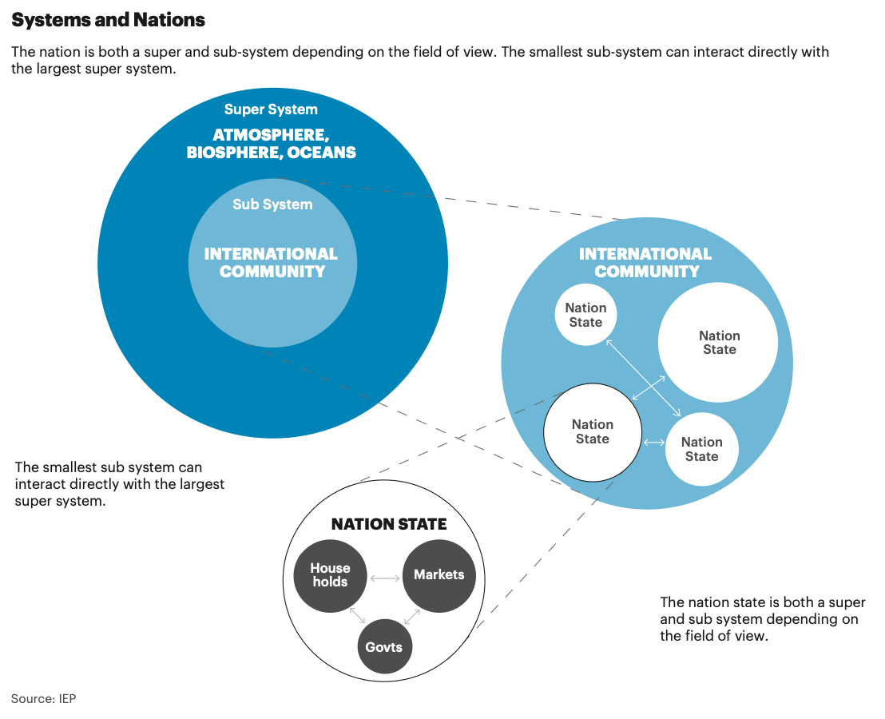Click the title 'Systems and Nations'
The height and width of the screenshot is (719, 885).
pyautogui.click(x=108, y=20)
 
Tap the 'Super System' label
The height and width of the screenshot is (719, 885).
pyautogui.click(x=271, y=109)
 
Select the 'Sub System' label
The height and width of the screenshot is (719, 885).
pyautogui.click(x=272, y=205)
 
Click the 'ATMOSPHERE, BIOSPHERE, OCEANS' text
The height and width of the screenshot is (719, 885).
pyautogui.click(x=272, y=143)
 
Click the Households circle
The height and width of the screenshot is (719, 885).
pyautogui.click(x=330, y=576)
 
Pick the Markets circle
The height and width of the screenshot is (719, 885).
pyautogui.click(x=439, y=576)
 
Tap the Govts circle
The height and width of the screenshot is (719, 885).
pyautogui.click(x=384, y=647)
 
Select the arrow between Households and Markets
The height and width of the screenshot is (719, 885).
pyautogui.click(x=385, y=578)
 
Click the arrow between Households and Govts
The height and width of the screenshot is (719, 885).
pyautogui.click(x=357, y=615)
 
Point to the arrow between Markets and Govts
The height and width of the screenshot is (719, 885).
pyautogui.click(x=412, y=617)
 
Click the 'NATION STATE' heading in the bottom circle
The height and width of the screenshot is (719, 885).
pyautogui.click(x=389, y=524)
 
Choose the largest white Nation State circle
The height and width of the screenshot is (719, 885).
pyautogui.click(x=718, y=343)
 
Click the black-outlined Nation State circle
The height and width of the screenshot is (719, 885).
pyautogui.click(x=593, y=432)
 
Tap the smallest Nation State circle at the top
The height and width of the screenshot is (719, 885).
pyautogui.click(x=585, y=315)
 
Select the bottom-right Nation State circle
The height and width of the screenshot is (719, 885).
pyautogui.click(x=701, y=449)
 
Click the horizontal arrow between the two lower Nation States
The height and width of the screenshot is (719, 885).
pyautogui.click(x=653, y=443)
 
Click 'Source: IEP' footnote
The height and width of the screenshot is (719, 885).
pyautogui.click(x=43, y=699)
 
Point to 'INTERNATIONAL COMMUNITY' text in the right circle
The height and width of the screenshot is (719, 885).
pyautogui.click(x=645, y=262)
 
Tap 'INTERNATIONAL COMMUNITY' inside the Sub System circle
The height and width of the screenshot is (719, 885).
pyautogui.click(x=271, y=262)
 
